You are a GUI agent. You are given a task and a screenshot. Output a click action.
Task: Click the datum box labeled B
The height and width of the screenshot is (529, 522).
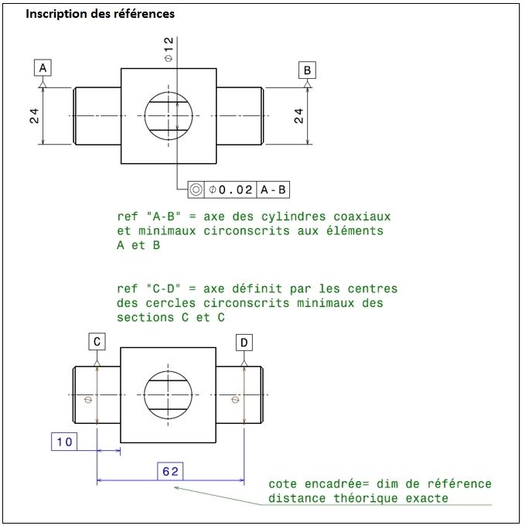coord(308,70)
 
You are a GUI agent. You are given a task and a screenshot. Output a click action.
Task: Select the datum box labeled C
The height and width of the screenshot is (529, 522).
coord(97,341)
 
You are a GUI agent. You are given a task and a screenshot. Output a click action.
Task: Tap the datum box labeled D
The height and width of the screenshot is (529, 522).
coord(244,342)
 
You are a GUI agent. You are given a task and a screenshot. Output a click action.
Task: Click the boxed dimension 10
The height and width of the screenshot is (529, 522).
coord(64,442)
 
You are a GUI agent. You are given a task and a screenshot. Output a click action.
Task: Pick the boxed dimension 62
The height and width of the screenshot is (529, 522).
coord(170,471)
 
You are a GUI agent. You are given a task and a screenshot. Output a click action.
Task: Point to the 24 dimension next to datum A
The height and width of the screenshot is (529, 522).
coord(35,115)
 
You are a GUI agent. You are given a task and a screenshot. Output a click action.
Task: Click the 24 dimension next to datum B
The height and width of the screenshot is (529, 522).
coord(299,116)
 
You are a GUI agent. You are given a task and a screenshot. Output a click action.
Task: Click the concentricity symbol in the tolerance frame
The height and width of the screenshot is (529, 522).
coord(196,189)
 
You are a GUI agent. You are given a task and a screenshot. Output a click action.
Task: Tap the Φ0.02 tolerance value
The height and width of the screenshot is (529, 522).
coord(231,189)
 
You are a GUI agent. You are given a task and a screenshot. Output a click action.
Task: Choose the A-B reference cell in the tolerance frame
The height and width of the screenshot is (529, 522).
coord(274,189)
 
